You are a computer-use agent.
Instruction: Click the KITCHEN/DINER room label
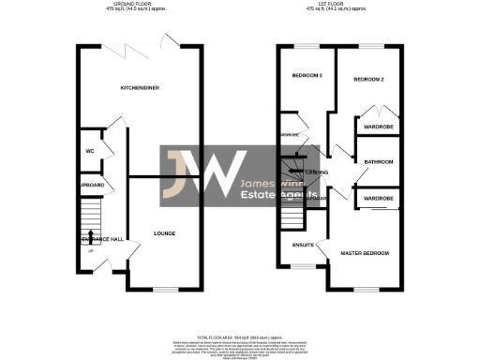139,88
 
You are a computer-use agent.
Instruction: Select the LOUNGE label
165,233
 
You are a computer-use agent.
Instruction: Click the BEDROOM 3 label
306,76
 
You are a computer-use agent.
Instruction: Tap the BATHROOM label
379,162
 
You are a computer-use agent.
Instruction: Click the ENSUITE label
301,247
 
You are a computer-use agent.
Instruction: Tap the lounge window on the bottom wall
165,288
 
